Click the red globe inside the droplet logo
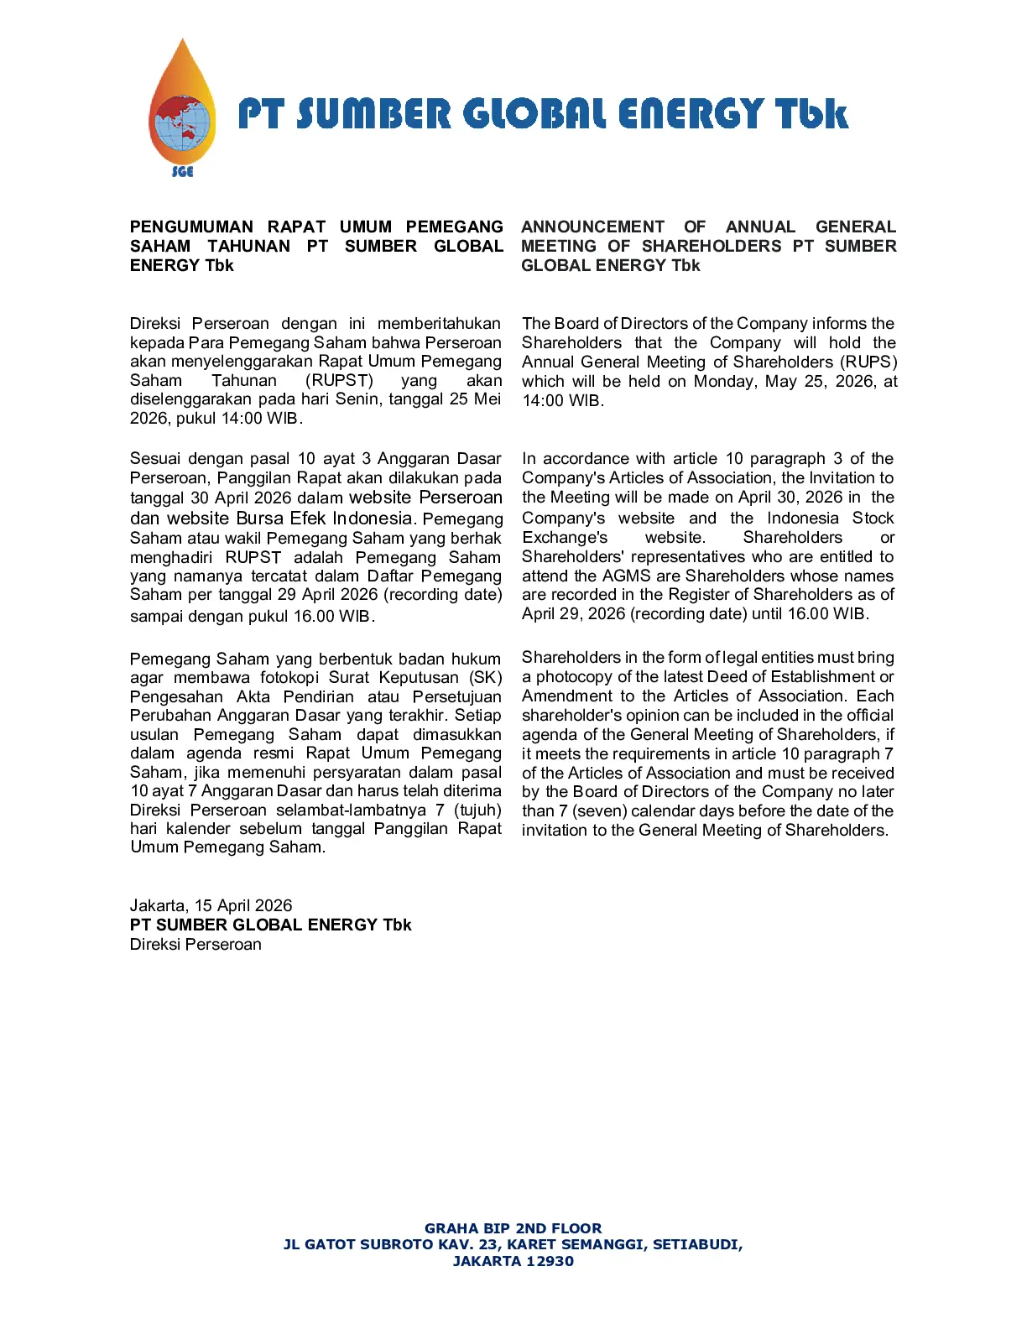point(180,122)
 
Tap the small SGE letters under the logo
point(182,171)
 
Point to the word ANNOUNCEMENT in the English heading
point(592,227)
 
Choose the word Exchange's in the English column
point(565,537)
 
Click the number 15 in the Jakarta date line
point(204,905)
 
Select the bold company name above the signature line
point(270,925)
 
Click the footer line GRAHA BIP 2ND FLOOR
point(513,1228)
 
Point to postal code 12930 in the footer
point(543,1261)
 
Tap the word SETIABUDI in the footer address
point(696,1244)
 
